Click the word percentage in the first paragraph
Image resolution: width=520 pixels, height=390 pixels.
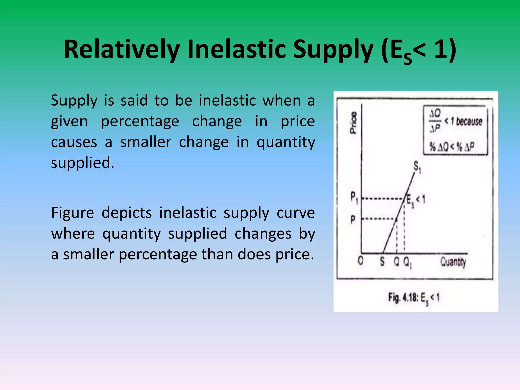[x=140, y=122]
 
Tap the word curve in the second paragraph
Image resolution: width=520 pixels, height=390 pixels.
[x=296, y=213]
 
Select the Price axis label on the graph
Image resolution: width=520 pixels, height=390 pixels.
[x=353, y=123]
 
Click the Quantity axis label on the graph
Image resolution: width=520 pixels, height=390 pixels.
[x=453, y=262]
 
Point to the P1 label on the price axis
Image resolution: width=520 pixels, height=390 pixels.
[x=354, y=197]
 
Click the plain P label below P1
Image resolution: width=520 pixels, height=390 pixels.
[x=353, y=219]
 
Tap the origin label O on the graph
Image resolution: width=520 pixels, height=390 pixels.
[x=360, y=261]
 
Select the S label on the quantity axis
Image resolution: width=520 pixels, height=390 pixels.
[x=382, y=261]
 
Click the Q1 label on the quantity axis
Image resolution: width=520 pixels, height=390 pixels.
[x=407, y=262]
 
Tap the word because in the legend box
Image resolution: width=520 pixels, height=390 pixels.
[x=469, y=122]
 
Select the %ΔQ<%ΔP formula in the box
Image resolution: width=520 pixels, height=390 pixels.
[x=451, y=147]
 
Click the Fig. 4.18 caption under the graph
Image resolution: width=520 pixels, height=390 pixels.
[x=414, y=298]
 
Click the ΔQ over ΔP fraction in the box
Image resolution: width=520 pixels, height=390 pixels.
[x=435, y=121]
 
